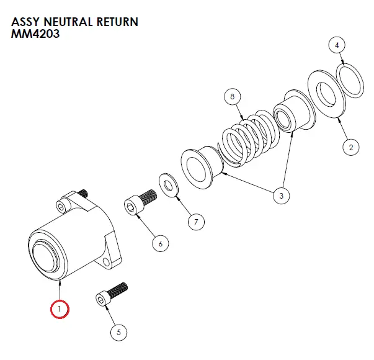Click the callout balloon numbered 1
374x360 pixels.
tap(60, 308)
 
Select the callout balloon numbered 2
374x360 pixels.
tap(350, 147)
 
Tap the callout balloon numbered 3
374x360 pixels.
tap(281, 196)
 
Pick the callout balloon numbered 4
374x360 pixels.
tap(336, 45)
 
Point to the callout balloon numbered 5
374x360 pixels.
tap(118, 332)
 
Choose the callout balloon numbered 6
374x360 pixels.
tap(160, 243)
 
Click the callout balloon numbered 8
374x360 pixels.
tap(231, 97)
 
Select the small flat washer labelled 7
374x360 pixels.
tap(167, 184)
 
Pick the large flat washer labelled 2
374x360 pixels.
tap(327, 94)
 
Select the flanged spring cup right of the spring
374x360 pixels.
tap(290, 114)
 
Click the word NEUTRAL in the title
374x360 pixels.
tap(67, 22)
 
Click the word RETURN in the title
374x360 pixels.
tap(115, 22)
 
